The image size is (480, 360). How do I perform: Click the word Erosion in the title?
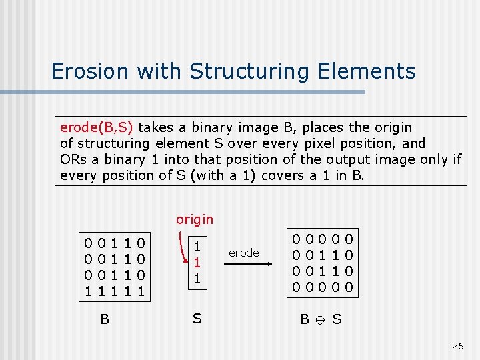coord(85,71)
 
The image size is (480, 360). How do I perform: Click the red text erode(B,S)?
coord(97,127)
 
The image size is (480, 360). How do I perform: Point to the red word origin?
coord(195,219)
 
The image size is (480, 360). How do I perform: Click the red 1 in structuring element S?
coord(197,260)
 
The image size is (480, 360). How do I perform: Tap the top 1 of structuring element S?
coord(197,244)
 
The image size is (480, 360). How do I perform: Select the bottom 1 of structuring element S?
coord(197,276)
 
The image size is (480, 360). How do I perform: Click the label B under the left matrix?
coord(105,319)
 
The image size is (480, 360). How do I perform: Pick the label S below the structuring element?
coord(197,319)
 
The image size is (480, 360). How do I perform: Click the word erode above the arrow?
coord(243,253)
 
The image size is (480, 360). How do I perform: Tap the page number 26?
coord(457,345)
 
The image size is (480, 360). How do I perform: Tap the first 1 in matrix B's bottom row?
coord(87,291)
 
